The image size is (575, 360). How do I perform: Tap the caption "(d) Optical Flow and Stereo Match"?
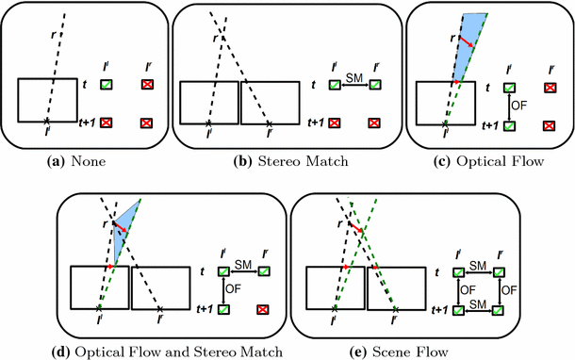(x=171, y=352)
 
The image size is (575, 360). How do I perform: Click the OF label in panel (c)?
(x=517, y=105)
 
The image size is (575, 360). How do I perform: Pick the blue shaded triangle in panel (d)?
(x=124, y=230)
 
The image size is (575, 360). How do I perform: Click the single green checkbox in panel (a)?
(x=107, y=86)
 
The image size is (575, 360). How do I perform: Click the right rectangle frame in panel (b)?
(x=270, y=102)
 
